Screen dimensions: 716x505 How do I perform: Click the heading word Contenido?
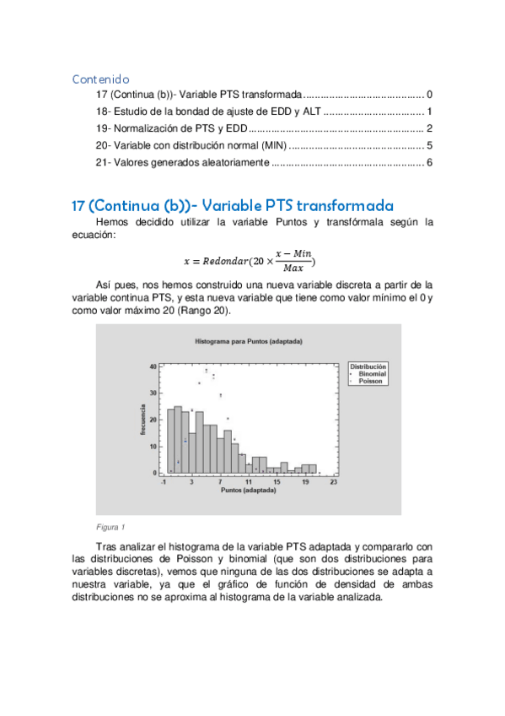[100, 79]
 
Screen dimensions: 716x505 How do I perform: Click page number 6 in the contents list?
[429, 162]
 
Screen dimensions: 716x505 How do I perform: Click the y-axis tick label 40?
[153, 366]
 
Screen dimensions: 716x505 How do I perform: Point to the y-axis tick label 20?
[153, 420]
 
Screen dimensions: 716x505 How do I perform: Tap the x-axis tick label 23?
[334, 482]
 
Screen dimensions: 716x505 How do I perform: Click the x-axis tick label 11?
[249, 482]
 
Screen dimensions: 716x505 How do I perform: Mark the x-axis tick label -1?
[163, 482]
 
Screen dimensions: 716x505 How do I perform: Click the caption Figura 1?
[110, 527]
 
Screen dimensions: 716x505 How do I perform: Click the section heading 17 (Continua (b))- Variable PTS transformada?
[233, 206]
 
